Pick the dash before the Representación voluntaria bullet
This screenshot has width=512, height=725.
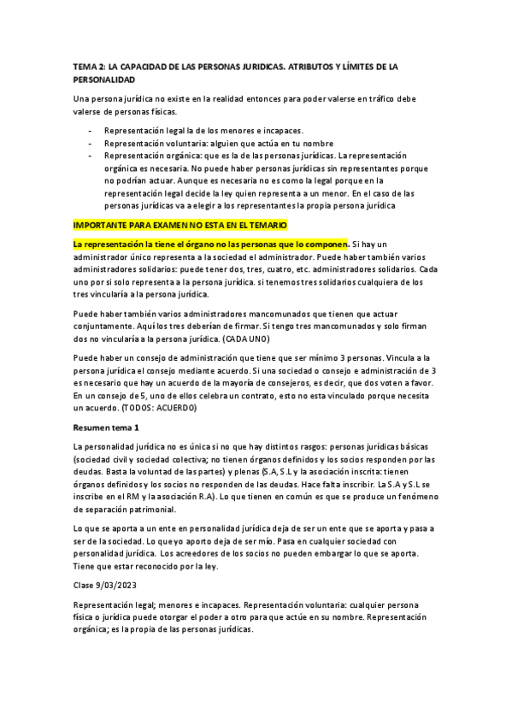(91, 143)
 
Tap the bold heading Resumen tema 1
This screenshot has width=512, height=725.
(106, 427)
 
